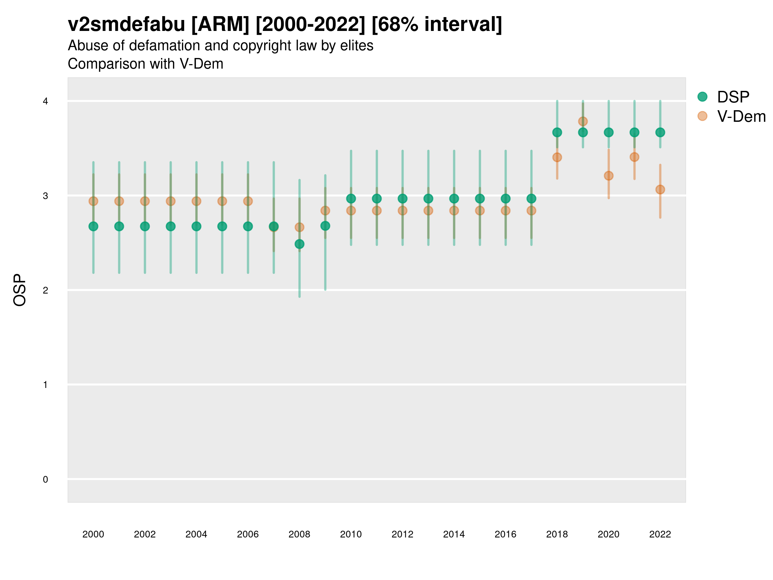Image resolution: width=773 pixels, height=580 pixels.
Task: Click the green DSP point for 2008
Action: [x=300, y=244]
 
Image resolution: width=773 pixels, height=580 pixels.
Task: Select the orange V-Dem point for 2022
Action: [x=660, y=189]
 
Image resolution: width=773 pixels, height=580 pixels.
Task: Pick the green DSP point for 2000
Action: [x=93, y=227]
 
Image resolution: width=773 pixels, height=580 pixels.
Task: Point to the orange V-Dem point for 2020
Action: [x=609, y=176]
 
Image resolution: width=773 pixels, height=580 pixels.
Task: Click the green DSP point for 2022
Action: [x=660, y=132]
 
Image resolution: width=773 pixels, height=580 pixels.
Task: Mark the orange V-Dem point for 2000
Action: [x=93, y=201]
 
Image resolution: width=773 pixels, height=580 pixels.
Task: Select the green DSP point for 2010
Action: [x=351, y=198]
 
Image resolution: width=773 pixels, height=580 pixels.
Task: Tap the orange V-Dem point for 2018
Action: [x=557, y=157]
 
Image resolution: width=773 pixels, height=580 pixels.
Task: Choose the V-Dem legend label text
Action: [x=741, y=116]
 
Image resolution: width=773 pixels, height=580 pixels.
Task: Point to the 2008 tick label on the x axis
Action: [x=300, y=534]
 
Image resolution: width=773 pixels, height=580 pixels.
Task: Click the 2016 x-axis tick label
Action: [x=505, y=534]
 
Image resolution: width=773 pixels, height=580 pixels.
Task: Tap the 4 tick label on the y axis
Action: [x=45, y=101]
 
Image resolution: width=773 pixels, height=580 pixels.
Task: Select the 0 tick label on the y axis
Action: [x=45, y=479]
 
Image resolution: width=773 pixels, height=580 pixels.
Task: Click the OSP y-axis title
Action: [x=20, y=290]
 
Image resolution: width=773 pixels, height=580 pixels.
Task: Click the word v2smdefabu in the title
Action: [x=126, y=24]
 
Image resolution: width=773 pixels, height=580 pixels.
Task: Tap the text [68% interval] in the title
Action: [x=436, y=24]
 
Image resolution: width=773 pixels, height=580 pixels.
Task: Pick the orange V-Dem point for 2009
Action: [x=325, y=210]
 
